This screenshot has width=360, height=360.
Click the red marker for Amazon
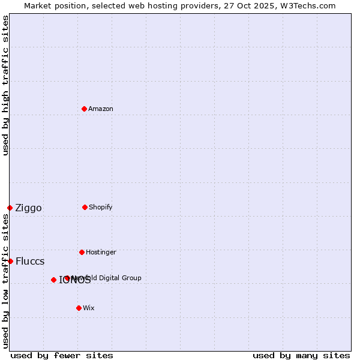pos(84,109)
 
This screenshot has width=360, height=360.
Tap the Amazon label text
pos(101,109)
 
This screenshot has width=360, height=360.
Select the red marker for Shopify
pos(85,207)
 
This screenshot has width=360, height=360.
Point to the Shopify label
pos(101,207)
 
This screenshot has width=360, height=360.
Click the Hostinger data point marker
pos(82,252)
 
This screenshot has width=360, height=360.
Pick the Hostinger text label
pos(101,252)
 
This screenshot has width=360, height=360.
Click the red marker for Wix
pos(79,308)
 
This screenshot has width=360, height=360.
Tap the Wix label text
pos(89,308)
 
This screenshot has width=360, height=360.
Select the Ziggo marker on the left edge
pos(10,208)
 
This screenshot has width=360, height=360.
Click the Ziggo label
pos(28,208)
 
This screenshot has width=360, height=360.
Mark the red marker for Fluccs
pos(10,261)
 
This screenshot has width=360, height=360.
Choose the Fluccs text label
pos(30,262)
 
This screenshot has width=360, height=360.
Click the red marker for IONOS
pos(53,280)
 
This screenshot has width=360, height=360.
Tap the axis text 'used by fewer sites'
pos(62,355)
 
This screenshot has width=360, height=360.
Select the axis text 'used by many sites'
pos(301,355)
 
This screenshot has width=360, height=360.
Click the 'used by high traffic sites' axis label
pos(6,85)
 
